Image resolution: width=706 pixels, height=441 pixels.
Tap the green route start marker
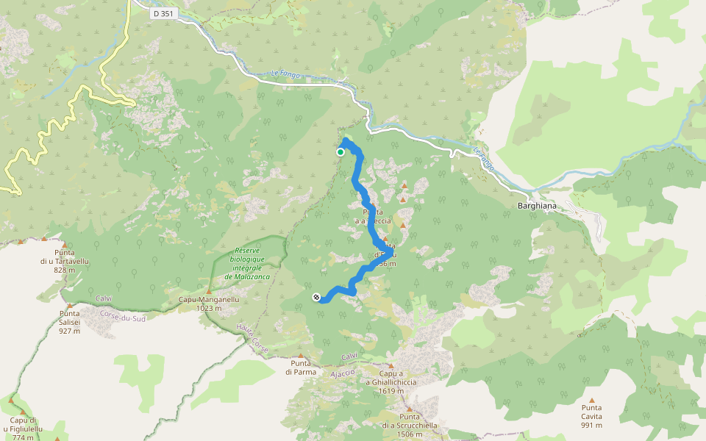(340, 152)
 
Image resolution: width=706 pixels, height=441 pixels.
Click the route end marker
(316, 297)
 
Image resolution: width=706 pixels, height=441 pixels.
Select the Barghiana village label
(537, 207)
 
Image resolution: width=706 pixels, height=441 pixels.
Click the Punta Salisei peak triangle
(69, 306)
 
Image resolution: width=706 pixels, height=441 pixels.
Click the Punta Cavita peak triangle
(591, 400)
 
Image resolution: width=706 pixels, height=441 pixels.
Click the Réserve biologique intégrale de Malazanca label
(249, 263)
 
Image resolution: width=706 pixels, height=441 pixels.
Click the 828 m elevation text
(64, 270)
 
